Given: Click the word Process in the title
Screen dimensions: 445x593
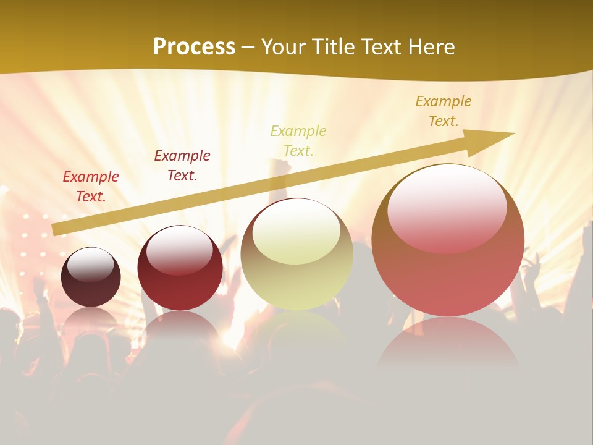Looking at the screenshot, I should pos(194,47).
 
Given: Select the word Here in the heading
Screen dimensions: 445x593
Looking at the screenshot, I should pos(429,47).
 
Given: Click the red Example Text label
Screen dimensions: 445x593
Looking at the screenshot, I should pos(91,187).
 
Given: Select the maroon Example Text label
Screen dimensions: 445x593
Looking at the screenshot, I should pos(182,166).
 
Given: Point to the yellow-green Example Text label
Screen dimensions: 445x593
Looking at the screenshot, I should pos(298,140).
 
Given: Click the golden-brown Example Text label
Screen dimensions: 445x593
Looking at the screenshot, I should pos(444,111).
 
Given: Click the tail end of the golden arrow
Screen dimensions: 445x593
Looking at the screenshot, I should pos(57,229).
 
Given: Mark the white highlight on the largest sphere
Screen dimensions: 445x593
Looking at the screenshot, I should pos(447,207).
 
